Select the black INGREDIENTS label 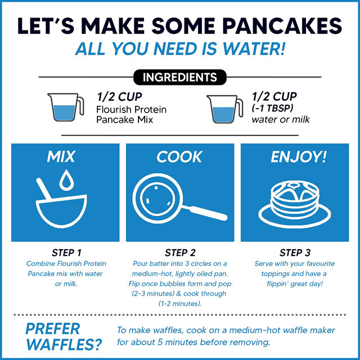[x=179, y=76]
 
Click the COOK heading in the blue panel [x=179, y=157]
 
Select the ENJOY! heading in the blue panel [x=298, y=157]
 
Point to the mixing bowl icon [x=63, y=207]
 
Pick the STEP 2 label [x=180, y=253]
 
